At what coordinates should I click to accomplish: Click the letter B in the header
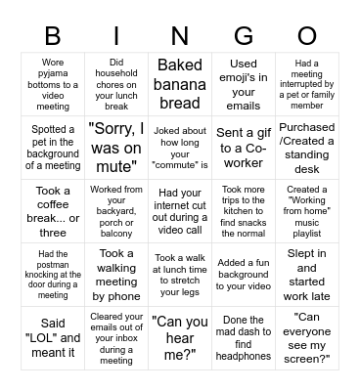coord(53,37)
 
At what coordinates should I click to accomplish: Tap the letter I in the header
coord(116,37)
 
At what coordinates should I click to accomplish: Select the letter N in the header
coord(180,37)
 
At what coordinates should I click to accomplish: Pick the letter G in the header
coord(244,37)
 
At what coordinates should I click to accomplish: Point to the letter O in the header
coord(307,37)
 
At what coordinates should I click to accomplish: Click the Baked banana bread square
coord(180,84)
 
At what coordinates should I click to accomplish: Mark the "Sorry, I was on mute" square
coord(116,148)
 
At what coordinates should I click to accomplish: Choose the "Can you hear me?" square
coord(180,337)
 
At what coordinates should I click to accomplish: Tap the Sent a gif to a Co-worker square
coord(244,148)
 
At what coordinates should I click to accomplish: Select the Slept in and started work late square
coord(307,275)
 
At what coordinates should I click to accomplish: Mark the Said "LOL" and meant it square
coord(53,337)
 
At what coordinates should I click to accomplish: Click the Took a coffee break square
coord(53,211)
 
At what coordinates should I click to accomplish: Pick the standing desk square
coord(307,148)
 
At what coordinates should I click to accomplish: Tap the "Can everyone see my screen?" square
coord(307,337)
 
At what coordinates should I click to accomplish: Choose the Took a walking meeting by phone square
coord(116,275)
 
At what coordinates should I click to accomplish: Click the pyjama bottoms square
coord(53,84)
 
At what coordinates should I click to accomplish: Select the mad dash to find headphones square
coord(244,337)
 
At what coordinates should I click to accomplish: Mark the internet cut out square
coord(180,211)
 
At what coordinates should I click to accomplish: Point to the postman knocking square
coord(53,275)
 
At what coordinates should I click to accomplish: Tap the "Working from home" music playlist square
coord(307,211)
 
